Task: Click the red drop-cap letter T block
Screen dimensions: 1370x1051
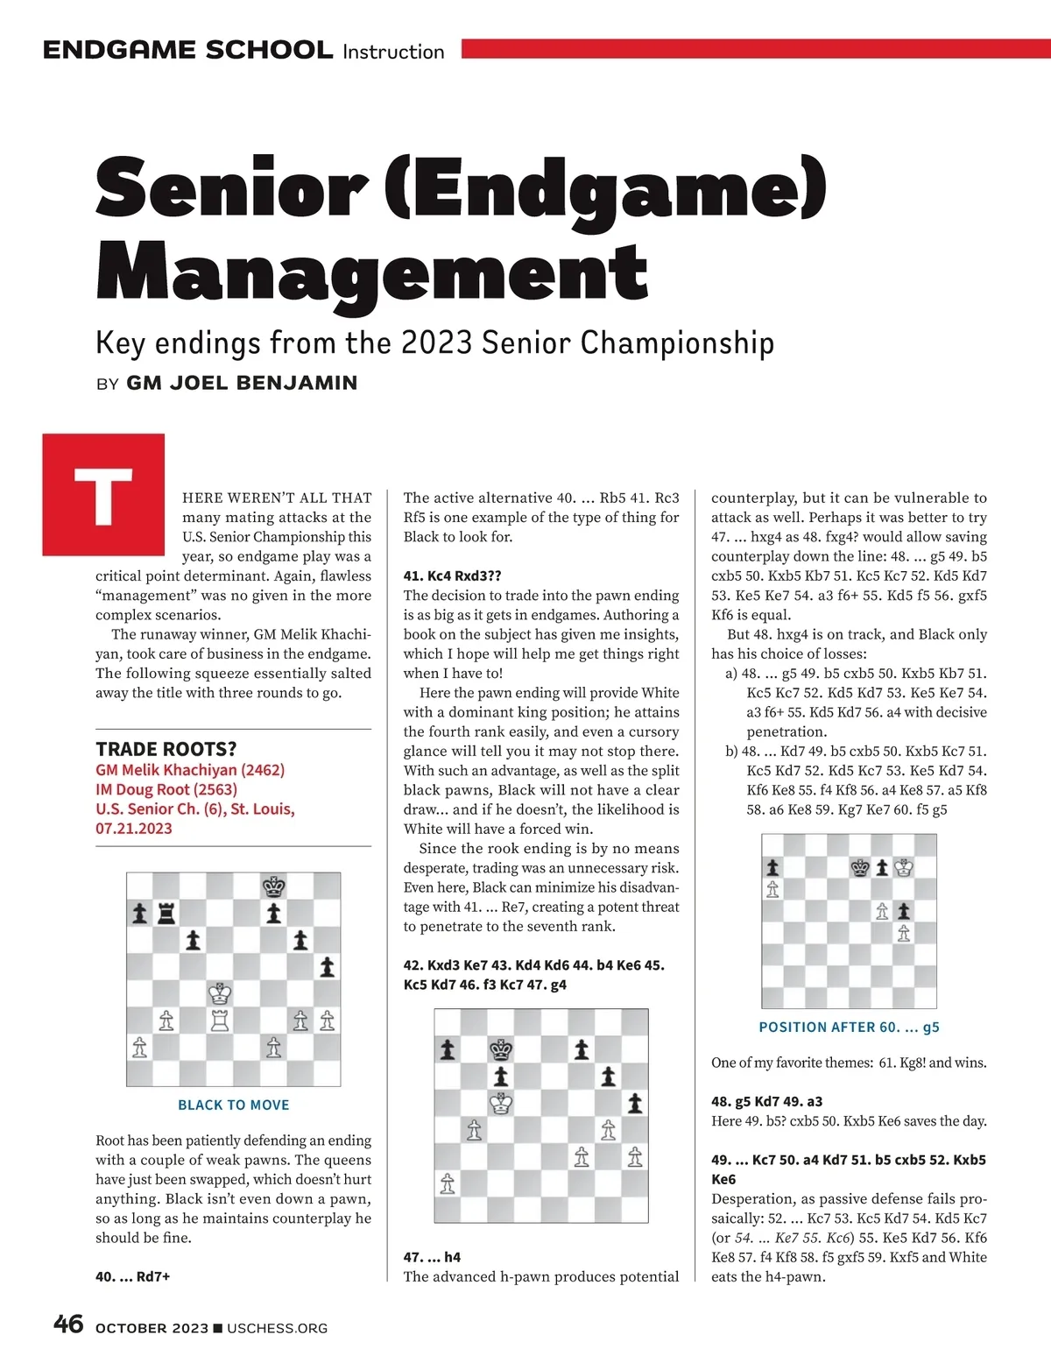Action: (x=103, y=494)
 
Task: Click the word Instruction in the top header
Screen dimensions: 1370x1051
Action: (x=393, y=52)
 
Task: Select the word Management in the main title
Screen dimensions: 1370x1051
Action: (x=371, y=273)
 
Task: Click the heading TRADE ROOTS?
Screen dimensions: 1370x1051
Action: (x=166, y=749)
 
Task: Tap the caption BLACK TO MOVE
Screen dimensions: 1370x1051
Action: (x=233, y=1105)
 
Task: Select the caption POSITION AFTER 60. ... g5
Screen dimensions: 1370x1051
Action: (x=849, y=1027)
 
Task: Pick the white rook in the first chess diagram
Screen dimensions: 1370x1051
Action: (x=220, y=1020)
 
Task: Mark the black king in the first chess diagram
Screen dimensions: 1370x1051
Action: (x=274, y=886)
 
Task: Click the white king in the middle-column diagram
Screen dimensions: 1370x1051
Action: (x=501, y=1104)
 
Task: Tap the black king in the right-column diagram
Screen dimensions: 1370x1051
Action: (x=860, y=867)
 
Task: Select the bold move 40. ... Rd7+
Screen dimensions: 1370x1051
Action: (x=133, y=1276)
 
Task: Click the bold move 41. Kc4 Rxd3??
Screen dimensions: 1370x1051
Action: (x=452, y=576)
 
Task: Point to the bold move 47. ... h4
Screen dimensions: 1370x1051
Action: (x=432, y=1257)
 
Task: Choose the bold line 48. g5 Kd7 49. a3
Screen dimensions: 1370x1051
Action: (x=766, y=1101)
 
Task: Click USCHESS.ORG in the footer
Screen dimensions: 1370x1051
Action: (x=277, y=1328)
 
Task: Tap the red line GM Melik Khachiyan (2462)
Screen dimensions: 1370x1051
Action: (x=190, y=770)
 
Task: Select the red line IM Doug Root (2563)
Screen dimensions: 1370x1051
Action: (x=166, y=789)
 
